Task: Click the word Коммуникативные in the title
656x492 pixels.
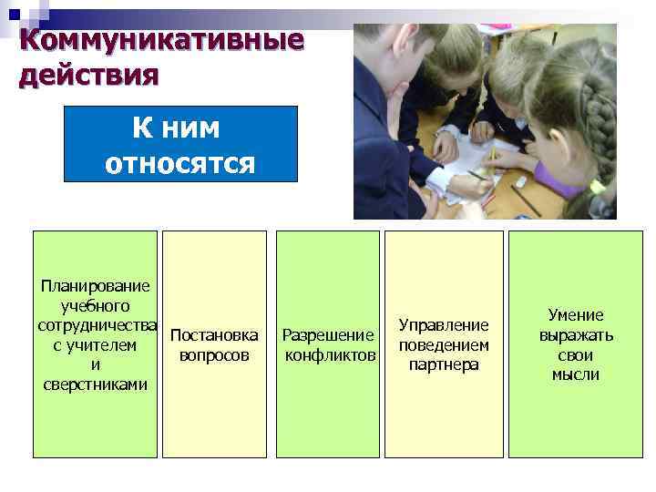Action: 160,41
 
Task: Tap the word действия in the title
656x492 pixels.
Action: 87,73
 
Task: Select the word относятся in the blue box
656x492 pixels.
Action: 179,163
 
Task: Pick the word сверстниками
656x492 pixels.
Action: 95,384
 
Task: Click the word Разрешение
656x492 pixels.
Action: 329,334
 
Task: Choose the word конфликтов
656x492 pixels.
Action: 330,354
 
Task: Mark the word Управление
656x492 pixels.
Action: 444,325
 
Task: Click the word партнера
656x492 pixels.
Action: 444,365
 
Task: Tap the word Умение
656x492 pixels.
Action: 576,315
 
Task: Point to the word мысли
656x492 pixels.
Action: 576,374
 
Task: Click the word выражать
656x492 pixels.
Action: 576,335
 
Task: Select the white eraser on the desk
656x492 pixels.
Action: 520,181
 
